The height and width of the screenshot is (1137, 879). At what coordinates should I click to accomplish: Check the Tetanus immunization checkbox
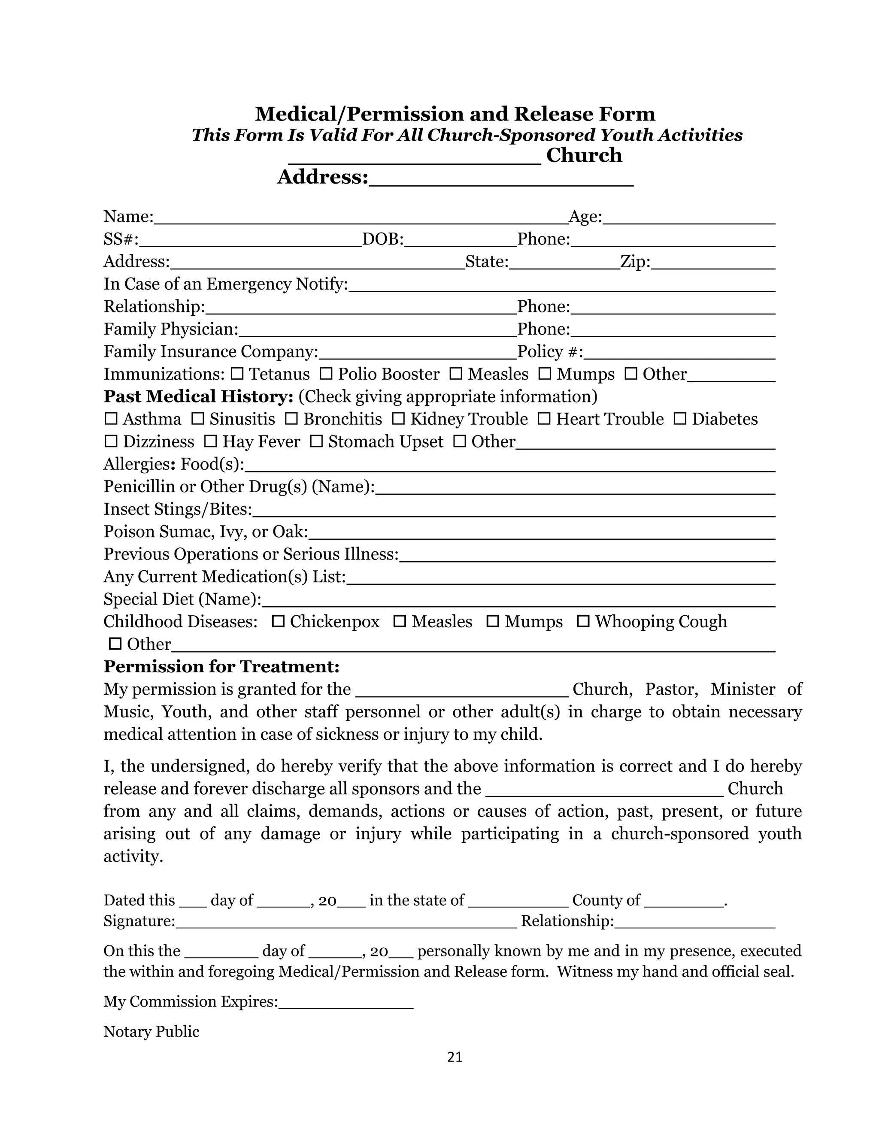pyautogui.click(x=237, y=374)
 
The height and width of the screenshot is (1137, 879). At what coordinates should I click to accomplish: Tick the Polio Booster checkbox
pyautogui.click(x=326, y=374)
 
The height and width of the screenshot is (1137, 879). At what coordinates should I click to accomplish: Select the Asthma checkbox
pyautogui.click(x=111, y=419)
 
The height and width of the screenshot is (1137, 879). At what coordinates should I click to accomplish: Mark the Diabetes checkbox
pyautogui.click(x=680, y=419)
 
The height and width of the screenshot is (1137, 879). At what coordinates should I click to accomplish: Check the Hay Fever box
pyautogui.click(x=210, y=441)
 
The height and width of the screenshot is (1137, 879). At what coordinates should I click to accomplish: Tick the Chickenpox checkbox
pyautogui.click(x=279, y=621)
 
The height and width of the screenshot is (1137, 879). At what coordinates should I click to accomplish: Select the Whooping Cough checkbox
pyautogui.click(x=583, y=621)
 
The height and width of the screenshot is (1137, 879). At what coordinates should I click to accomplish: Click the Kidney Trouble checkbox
pyautogui.click(x=398, y=419)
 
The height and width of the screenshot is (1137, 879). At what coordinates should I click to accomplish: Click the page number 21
pyautogui.click(x=455, y=1057)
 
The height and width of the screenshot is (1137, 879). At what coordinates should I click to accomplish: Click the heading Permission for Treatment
pyautogui.click(x=221, y=666)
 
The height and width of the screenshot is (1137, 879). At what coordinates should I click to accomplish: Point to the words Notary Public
pyautogui.click(x=151, y=1031)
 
